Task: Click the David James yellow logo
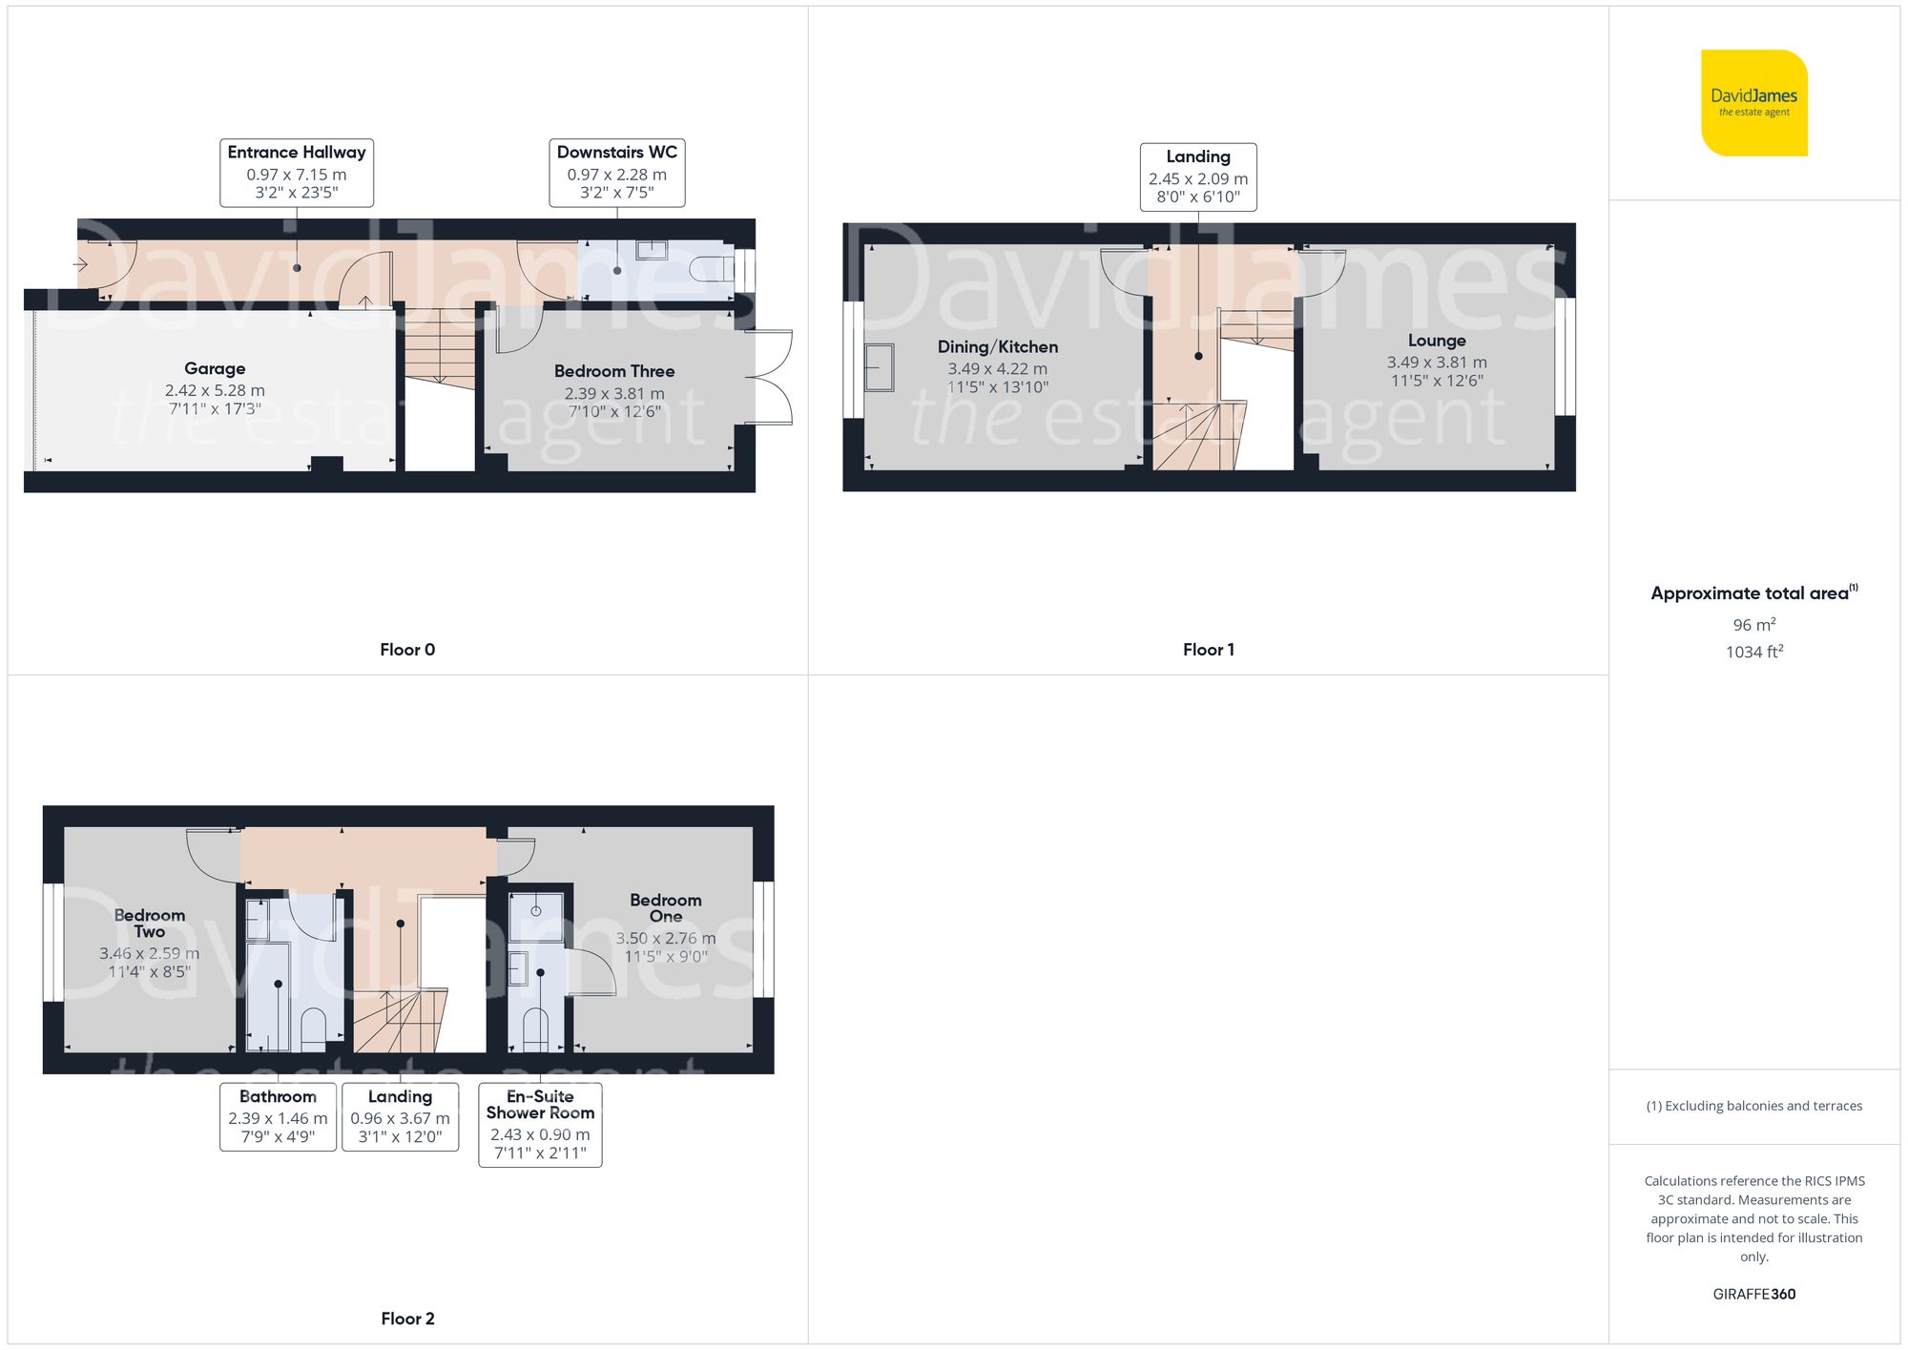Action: click(1753, 103)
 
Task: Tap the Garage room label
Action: click(215, 369)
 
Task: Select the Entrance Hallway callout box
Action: click(297, 173)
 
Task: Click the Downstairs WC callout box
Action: click(616, 173)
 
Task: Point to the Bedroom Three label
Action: click(614, 372)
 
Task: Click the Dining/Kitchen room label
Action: click(998, 347)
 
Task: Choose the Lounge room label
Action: click(1437, 342)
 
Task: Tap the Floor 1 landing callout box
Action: click(1198, 177)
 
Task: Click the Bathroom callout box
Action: click(278, 1116)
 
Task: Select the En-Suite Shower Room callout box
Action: click(540, 1124)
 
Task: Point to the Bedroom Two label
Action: click(150, 924)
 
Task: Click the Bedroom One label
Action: click(666, 908)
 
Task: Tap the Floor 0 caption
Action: click(407, 650)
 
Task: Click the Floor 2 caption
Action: click(407, 1319)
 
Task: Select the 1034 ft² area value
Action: click(1753, 653)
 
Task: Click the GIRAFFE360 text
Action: click(1753, 1295)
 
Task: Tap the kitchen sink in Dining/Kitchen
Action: click(879, 367)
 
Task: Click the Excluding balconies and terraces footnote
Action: click(1753, 1106)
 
